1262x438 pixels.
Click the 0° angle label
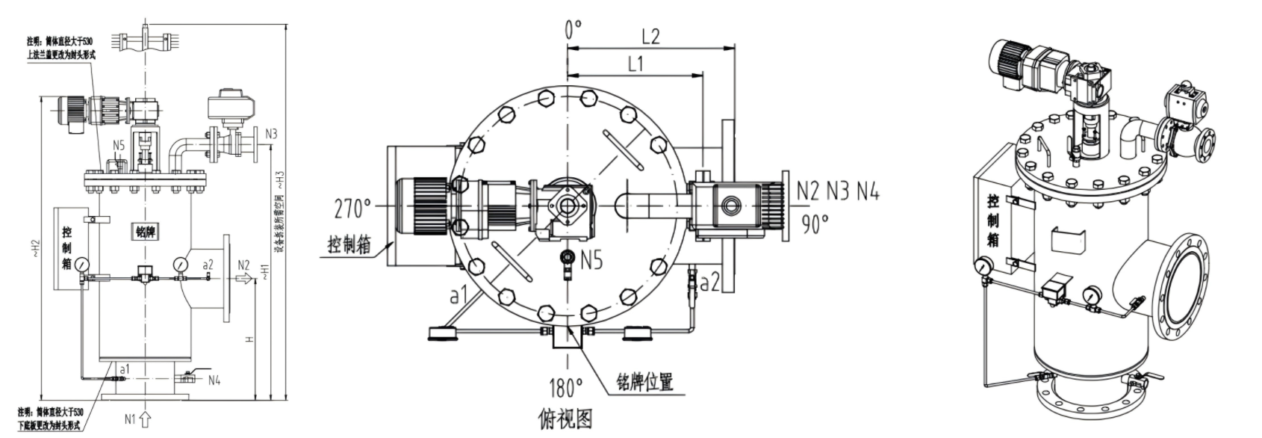573,31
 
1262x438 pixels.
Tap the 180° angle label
565,388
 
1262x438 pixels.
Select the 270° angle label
353,209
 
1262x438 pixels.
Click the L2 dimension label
651,36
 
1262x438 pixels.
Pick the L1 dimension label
635,64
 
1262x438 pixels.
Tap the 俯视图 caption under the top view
565,419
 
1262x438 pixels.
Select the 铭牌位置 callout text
641,382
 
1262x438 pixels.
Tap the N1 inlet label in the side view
131,419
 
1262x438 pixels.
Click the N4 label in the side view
214,380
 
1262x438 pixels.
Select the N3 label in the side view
270,135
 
